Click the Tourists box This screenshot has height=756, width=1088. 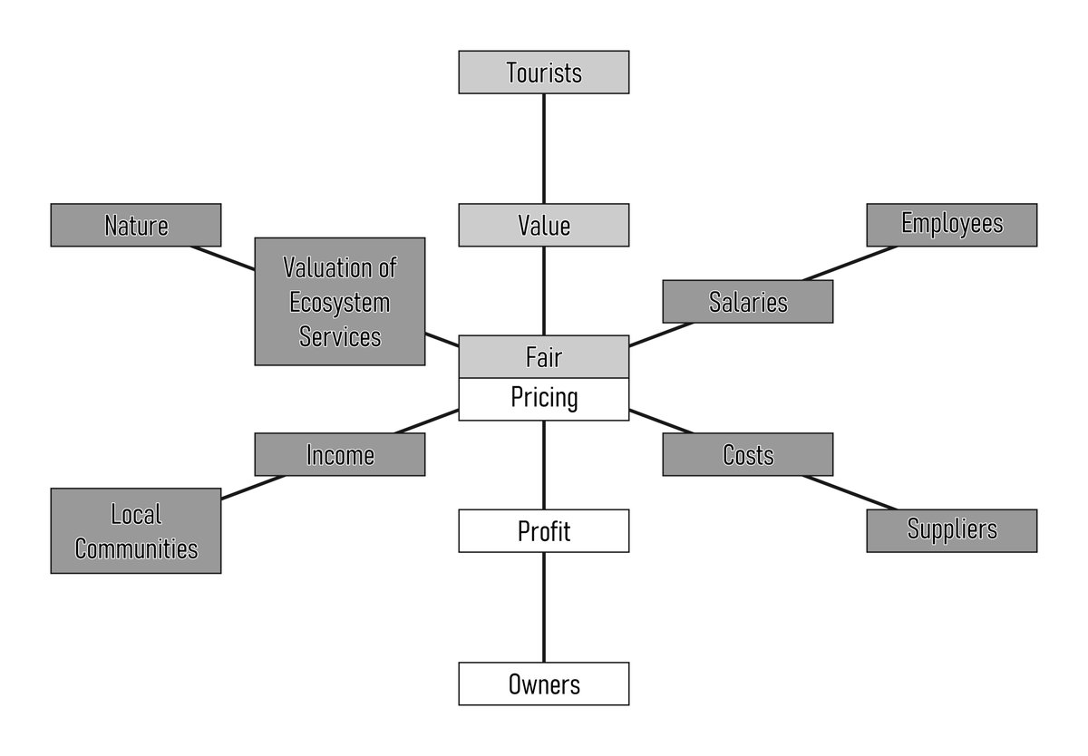543,73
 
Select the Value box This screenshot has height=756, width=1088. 543,225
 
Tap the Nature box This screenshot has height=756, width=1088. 136,225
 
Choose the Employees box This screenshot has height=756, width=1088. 952,225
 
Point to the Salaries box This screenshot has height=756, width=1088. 748,302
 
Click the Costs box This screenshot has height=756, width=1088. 748,454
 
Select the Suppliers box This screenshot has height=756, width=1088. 952,530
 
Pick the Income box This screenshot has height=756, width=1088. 340,454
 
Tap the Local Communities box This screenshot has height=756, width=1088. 136,530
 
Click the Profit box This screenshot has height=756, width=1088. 543,530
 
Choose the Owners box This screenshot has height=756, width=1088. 543,683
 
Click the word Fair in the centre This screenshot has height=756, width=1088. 543,357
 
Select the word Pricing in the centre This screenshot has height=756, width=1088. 544,398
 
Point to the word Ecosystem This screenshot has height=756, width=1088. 340,303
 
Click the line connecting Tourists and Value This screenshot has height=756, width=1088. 543,149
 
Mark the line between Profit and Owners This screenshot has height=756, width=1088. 543,607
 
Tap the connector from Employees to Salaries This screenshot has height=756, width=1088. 850,263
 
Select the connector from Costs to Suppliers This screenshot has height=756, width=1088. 850,493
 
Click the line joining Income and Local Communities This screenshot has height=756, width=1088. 254,487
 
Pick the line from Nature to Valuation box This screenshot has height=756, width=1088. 222,257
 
